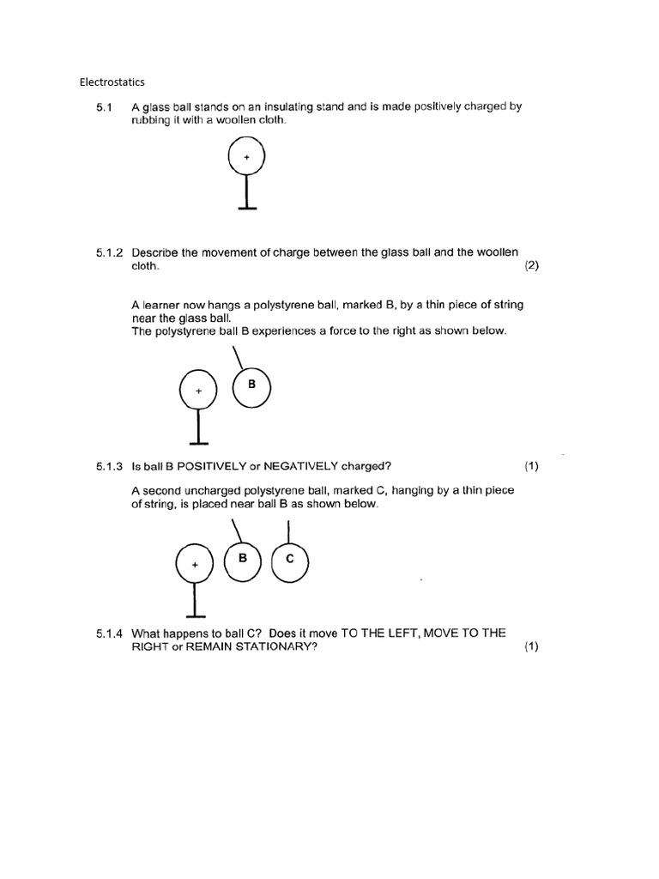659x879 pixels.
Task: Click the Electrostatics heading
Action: [112, 82]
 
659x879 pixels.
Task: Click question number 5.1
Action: [105, 107]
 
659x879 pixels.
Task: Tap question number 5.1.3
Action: [111, 466]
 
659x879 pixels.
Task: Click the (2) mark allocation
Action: [531, 266]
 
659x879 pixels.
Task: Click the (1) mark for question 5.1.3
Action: [531, 466]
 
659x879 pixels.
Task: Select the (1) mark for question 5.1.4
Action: [531, 647]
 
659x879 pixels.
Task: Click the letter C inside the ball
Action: [289, 559]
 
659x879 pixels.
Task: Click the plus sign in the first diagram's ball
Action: [247, 157]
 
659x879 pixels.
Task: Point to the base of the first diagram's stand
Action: [247, 208]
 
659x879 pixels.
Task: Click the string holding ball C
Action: [288, 530]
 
